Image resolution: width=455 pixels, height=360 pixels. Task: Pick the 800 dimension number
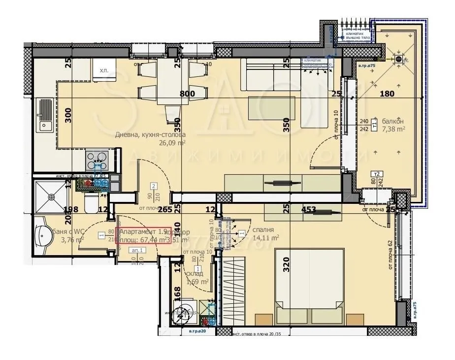[x=187, y=94]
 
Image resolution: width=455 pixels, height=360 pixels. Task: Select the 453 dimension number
[x=309, y=209]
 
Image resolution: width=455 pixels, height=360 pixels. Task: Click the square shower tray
[x=51, y=196]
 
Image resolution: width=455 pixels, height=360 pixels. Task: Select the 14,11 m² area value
[x=266, y=237]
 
